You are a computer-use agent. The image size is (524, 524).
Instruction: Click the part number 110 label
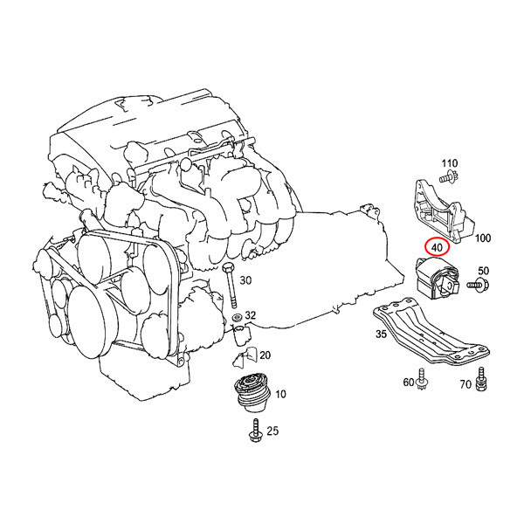pyautogui.click(x=449, y=164)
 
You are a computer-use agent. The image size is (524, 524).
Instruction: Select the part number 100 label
pyautogui.click(x=483, y=238)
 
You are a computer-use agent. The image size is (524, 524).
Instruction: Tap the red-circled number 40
pyautogui.click(x=436, y=246)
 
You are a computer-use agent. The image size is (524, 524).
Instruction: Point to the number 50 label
pyautogui.click(x=483, y=272)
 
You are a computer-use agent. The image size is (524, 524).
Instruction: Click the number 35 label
pyautogui.click(x=381, y=334)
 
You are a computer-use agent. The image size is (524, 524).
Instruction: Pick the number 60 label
pyautogui.click(x=409, y=383)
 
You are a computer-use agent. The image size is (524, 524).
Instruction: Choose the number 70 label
pyautogui.click(x=465, y=383)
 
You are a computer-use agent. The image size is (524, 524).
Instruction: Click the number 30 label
pyautogui.click(x=245, y=280)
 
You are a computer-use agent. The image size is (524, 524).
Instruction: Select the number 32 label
pyautogui.click(x=251, y=315)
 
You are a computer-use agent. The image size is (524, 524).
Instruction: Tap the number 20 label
pyautogui.click(x=265, y=355)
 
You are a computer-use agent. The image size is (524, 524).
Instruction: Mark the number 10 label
pyautogui.click(x=280, y=395)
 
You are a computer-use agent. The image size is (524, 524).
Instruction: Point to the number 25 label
pyautogui.click(x=272, y=431)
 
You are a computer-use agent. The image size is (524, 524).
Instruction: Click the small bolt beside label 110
pyautogui.click(x=445, y=178)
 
